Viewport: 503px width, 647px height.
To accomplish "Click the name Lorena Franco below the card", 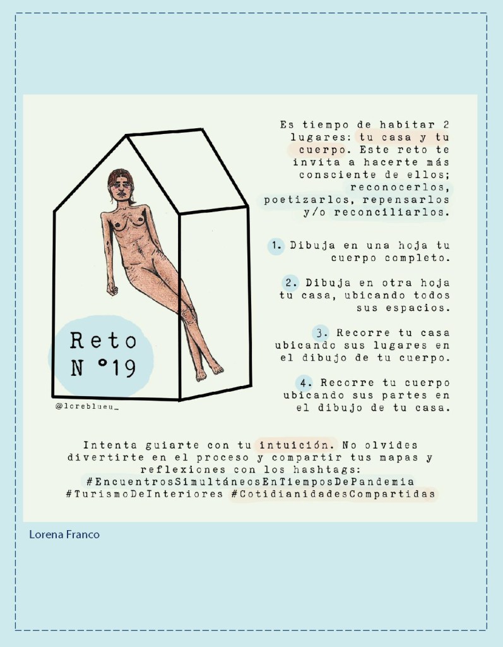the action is (64, 535).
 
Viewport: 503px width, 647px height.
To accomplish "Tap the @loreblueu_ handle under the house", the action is (87, 406).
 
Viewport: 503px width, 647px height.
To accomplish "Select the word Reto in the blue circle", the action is (103, 341).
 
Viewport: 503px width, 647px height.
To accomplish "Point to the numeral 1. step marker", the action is (277, 246).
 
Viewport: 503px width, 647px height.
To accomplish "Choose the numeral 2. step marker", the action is (292, 283).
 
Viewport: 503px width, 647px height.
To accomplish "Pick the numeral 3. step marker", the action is (322, 333).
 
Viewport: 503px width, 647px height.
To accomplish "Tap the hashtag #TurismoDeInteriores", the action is (145, 494).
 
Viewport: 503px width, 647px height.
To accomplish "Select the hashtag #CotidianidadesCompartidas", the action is (333, 494).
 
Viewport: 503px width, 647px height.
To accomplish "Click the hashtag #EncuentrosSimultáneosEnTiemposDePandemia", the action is (251, 481).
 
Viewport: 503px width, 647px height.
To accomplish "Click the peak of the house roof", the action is (126, 135).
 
